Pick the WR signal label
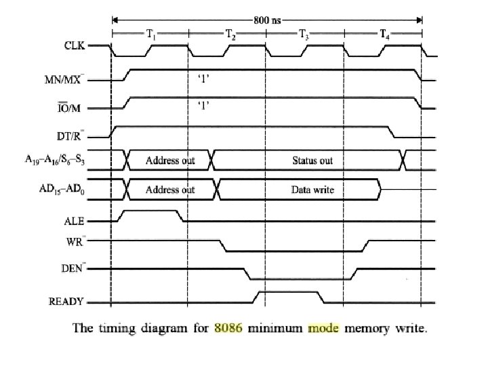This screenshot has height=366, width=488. pos(77,240)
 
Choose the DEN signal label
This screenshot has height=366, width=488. pos(73,269)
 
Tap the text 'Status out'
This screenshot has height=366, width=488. pos(312,161)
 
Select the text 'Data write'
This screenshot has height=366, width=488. pos(312,190)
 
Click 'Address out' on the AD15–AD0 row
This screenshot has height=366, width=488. pos(170,190)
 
